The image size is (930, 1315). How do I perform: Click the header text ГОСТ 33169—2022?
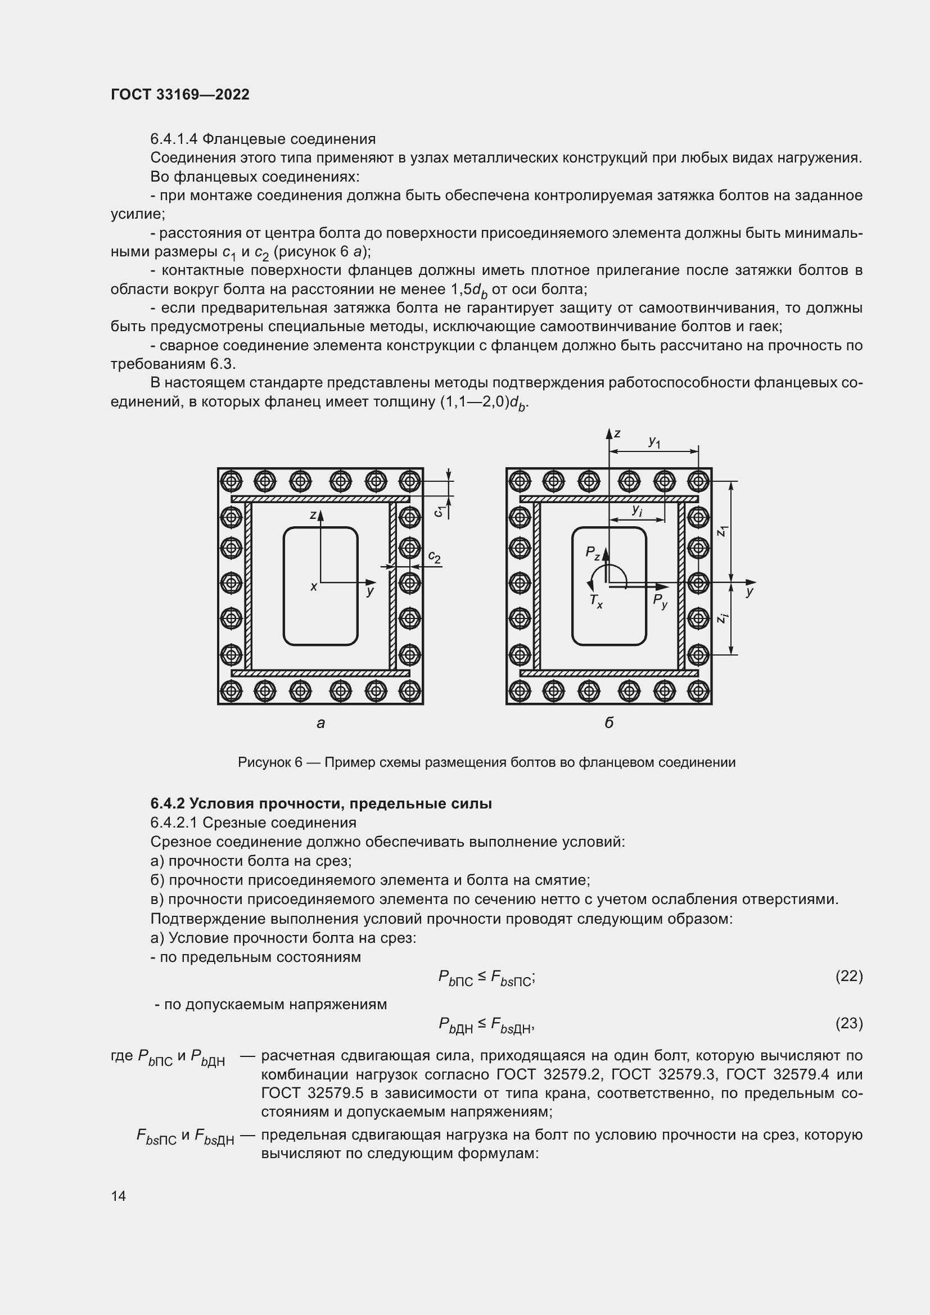(180, 94)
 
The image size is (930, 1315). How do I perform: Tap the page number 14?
(119, 1195)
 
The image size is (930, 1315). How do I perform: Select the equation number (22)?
(848, 976)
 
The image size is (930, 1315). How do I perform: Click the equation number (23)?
(848, 1023)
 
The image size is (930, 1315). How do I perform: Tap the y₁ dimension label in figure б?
(654, 441)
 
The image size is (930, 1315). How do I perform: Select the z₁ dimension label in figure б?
(723, 531)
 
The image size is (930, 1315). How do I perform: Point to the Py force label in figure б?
(660, 601)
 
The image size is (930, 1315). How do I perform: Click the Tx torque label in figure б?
(595, 601)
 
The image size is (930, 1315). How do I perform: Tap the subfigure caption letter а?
(320, 724)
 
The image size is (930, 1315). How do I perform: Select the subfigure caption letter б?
(609, 723)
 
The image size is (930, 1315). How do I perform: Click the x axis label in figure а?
(313, 586)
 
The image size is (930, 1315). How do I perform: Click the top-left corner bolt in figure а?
(231, 481)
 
